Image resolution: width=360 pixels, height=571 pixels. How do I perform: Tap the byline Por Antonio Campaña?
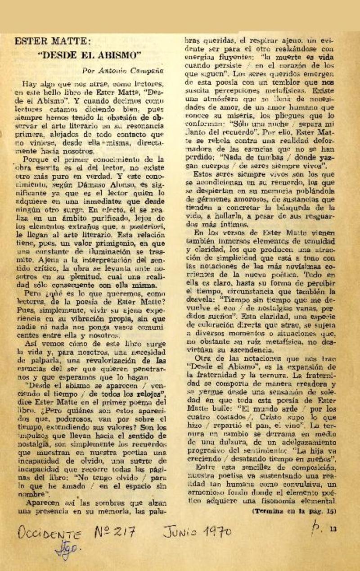point(122,71)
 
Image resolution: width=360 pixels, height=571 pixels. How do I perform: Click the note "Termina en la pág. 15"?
point(294,511)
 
